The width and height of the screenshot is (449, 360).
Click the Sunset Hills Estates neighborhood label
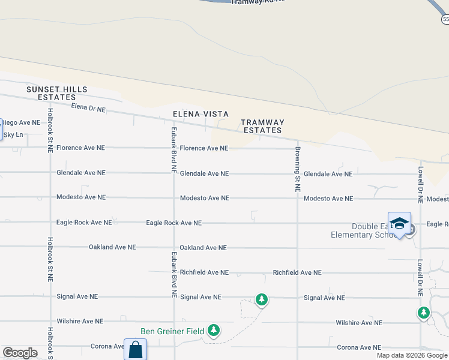click(x=56, y=93)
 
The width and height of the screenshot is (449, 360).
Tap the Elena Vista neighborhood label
click(x=200, y=114)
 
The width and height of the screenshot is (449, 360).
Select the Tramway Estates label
click(x=262, y=126)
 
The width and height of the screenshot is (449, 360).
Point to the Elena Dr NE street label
click(x=88, y=109)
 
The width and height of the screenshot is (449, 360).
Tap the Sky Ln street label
click(x=13, y=135)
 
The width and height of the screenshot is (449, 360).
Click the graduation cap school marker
click(x=399, y=224)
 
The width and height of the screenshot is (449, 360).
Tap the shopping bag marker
click(x=135, y=350)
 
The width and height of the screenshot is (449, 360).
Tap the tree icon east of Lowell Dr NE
click(x=424, y=313)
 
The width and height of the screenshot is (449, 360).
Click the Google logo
click(x=20, y=353)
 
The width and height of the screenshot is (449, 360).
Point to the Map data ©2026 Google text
click(x=412, y=355)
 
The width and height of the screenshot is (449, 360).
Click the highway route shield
click(x=445, y=20)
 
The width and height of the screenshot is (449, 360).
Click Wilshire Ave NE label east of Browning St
click(x=358, y=323)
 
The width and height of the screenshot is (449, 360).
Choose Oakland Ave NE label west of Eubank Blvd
click(x=112, y=247)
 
